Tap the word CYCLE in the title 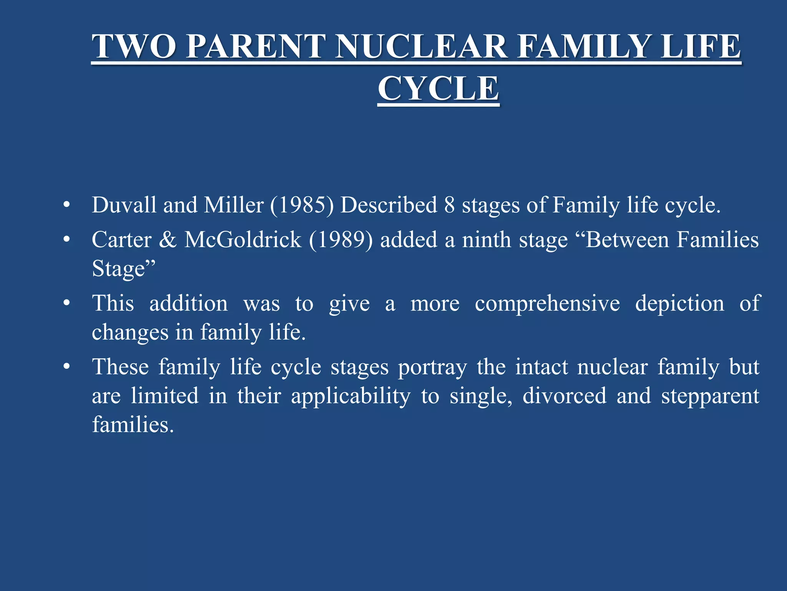tap(438, 88)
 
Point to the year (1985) tap(302, 205)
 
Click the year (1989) tap(341, 240)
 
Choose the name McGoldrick tap(243, 240)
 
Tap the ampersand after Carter tap(168, 240)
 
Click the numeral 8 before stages tap(449, 205)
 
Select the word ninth tap(486, 240)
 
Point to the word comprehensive tap(547, 304)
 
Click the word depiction tap(679, 304)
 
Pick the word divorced tap(564, 396)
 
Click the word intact tap(541, 367)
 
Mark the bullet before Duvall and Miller tap(67, 205)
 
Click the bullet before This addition tap(67, 304)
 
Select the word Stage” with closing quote tap(124, 269)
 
